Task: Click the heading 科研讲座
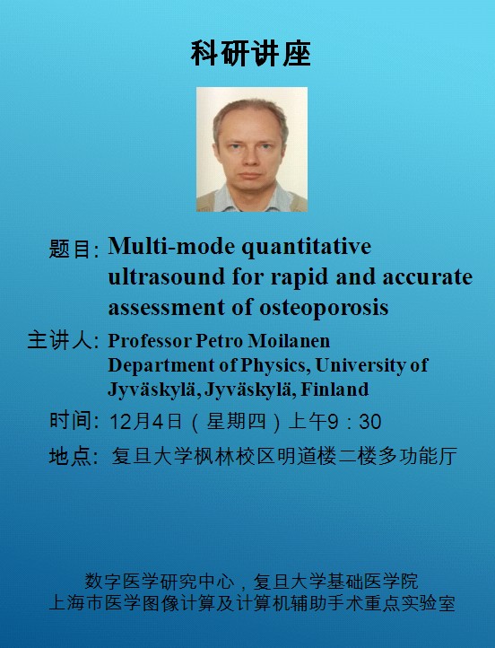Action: click(250, 54)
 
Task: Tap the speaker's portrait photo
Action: click(252, 149)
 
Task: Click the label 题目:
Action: click(74, 249)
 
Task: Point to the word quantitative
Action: click(307, 248)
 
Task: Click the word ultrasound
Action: click(167, 276)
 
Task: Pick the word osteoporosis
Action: click(324, 308)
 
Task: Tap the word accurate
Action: click(427, 277)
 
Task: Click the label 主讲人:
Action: click(63, 340)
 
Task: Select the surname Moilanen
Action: click(289, 341)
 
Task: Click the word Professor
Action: click(150, 341)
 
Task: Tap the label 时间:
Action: click(74, 421)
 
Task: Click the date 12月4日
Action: click(146, 422)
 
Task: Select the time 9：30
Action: click(354, 422)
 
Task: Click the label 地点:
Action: click(74, 456)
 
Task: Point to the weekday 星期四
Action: click(236, 422)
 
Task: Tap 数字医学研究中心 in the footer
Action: click(160, 581)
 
